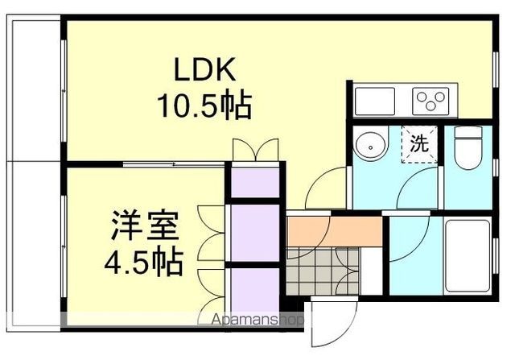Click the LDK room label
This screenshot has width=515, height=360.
[x=204, y=69]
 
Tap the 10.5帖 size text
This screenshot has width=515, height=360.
[x=204, y=106]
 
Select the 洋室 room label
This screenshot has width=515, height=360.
[x=145, y=226]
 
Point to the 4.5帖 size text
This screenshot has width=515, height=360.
[x=143, y=263]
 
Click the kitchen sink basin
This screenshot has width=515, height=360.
[x=375, y=101]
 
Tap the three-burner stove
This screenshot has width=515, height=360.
[x=431, y=101]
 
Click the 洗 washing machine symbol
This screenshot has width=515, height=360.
[x=419, y=144]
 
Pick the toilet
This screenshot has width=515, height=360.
[x=468, y=148]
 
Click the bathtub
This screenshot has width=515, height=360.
[x=468, y=256]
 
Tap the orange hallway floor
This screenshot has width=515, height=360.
[x=335, y=231]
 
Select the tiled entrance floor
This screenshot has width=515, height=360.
[x=323, y=271]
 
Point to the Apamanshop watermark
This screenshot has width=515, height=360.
[x=257, y=319]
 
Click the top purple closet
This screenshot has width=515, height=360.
[x=255, y=183]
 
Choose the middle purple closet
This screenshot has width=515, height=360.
[x=255, y=233]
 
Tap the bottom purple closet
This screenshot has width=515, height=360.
[x=255, y=289]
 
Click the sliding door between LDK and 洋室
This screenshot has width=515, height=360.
[x=174, y=164]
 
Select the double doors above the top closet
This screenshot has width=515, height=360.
[x=256, y=150]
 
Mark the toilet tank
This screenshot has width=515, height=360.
[x=468, y=133]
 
